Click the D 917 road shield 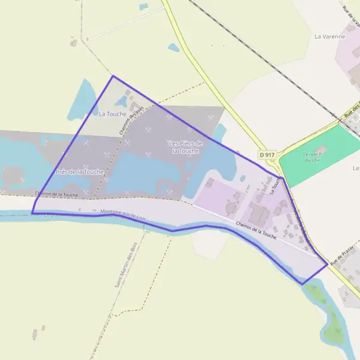pos(268,155)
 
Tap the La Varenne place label pos(330,37)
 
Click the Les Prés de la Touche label pos(185,147)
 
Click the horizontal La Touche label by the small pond pos(113,114)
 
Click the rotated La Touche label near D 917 pos(275,186)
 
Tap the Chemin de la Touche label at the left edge pos(56,194)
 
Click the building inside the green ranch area pos(320,149)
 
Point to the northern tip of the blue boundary pos(113,76)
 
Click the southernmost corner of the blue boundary pos(302,284)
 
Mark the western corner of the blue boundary pos(32,212)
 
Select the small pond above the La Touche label pos(122,100)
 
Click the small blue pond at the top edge pos(143,7)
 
